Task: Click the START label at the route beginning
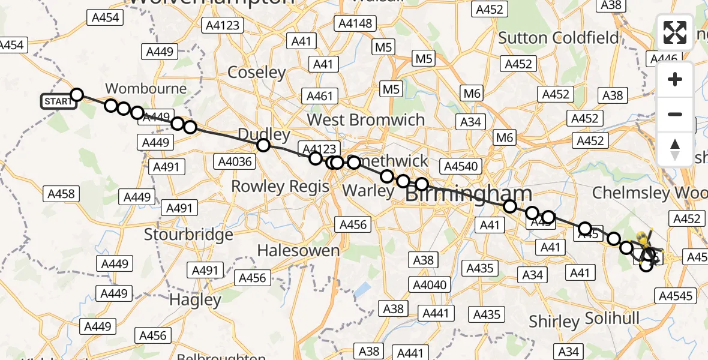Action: click(x=58, y=101)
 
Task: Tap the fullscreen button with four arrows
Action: click(x=675, y=32)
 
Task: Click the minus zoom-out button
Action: click(x=675, y=114)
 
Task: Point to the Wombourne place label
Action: click(x=146, y=88)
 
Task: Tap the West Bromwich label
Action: click(x=366, y=119)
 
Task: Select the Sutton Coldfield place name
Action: click(x=559, y=38)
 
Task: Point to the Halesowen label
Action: click(x=299, y=250)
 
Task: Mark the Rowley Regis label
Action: click(x=280, y=186)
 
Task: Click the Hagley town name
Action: click(x=195, y=299)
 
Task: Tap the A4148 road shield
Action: click(x=356, y=24)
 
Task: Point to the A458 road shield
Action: click(x=60, y=193)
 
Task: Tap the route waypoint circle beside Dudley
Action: click(x=263, y=145)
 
